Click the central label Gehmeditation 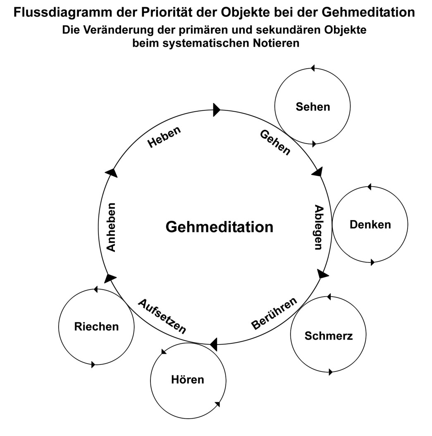[220, 227]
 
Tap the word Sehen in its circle [313, 107]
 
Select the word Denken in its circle [370, 225]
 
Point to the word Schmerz [329, 335]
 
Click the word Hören [188, 379]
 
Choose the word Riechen [96, 326]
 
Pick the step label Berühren [274, 314]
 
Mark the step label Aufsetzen [162, 316]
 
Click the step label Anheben [110, 227]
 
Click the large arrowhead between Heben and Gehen [217, 110]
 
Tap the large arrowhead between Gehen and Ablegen [317, 171]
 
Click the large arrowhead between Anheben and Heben [112, 172]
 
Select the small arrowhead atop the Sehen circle [313, 67]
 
